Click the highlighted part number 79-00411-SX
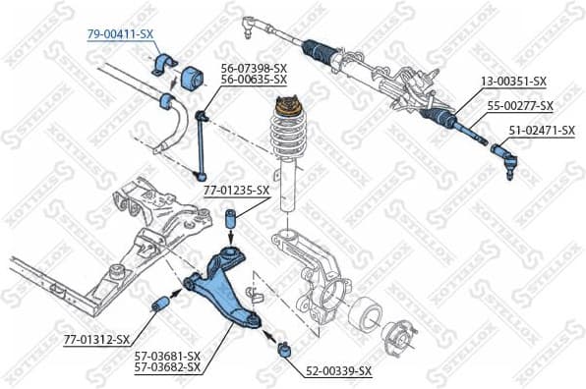(120, 33)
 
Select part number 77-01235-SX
(236, 191)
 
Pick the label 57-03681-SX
(166, 356)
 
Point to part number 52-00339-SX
(338, 370)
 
